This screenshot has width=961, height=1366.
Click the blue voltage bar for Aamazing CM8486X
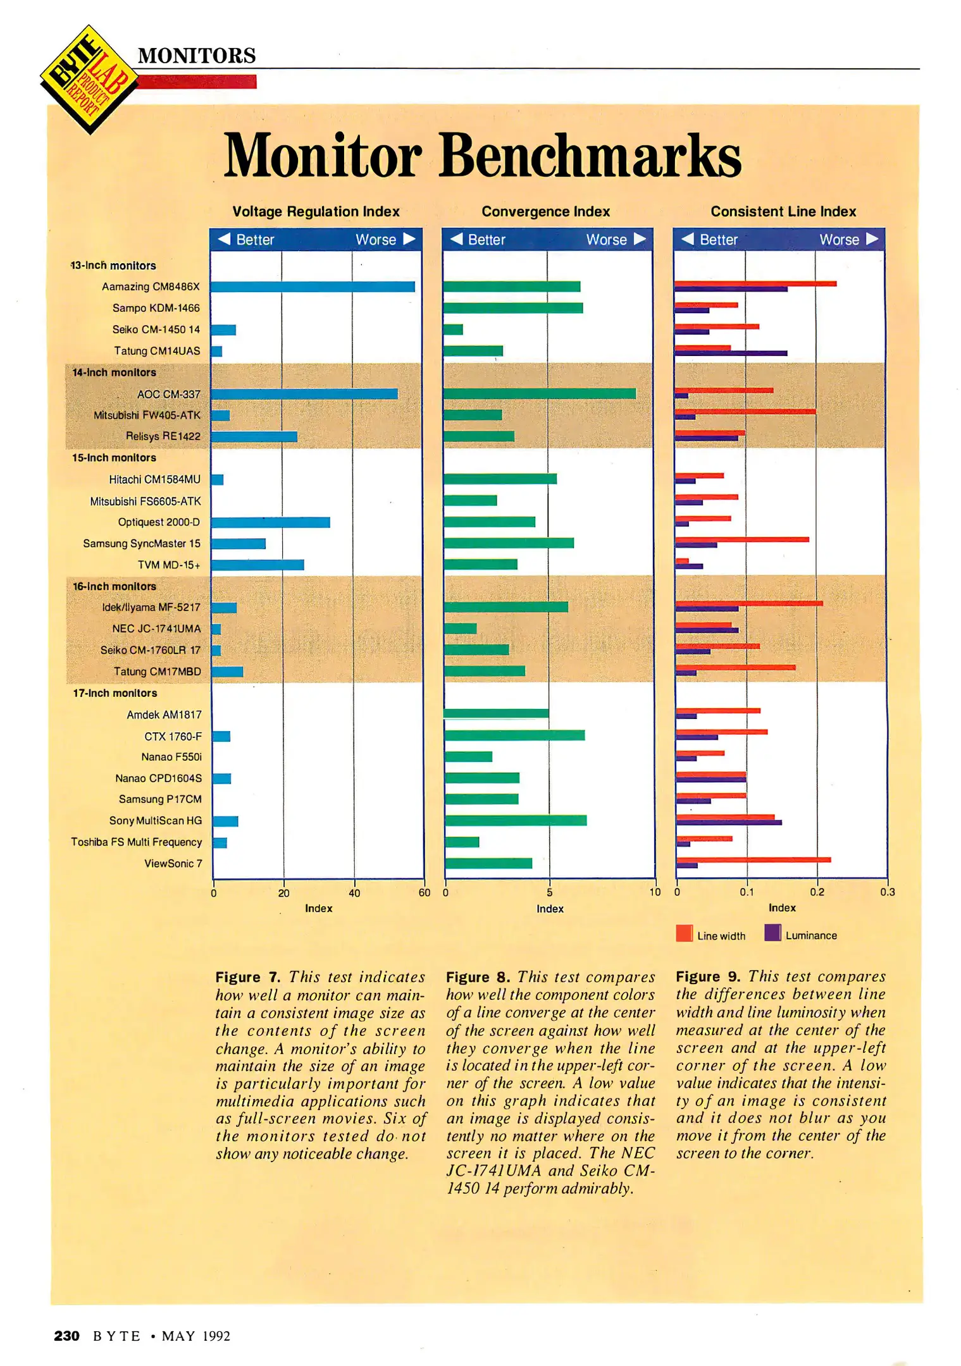pos(313,286)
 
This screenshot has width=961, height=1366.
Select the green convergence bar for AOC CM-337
pos(540,393)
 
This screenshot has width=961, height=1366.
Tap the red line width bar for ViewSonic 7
pos(753,859)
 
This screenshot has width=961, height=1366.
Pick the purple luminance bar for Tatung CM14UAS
pos(731,354)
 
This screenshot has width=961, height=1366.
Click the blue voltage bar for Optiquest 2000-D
pos(271,522)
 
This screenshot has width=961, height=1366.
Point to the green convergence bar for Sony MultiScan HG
pos(516,820)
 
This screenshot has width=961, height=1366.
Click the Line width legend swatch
pos(684,933)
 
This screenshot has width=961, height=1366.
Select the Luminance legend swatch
pos(772,933)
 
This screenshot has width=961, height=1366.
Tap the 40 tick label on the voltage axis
pos(354,893)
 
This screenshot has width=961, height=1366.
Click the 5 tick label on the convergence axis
pos(549,892)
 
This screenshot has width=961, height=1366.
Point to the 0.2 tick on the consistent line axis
pos(817,892)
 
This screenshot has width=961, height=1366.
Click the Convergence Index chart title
pos(545,211)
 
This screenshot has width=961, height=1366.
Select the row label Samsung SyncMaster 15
pos(142,543)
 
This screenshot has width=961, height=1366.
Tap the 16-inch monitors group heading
pos(114,586)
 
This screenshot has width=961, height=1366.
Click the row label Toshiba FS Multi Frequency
pos(136,842)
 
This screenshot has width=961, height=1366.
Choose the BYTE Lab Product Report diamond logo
pos(89,80)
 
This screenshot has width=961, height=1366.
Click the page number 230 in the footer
pos(66,1336)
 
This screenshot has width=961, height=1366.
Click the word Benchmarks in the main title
pos(590,156)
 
